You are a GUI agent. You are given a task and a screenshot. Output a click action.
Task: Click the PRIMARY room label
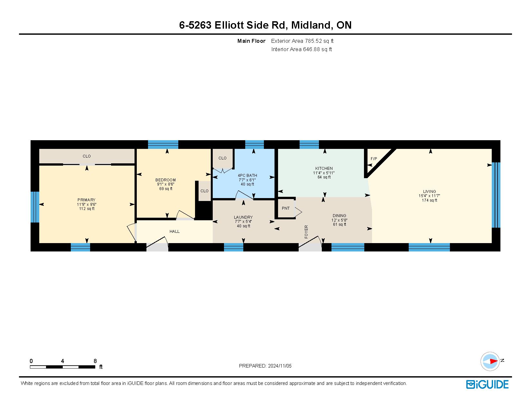coord(86,200)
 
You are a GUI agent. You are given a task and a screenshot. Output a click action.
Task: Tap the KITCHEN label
coord(324,168)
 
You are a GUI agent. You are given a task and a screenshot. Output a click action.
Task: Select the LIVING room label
coord(429,191)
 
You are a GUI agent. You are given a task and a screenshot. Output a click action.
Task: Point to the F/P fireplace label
coord(374,159)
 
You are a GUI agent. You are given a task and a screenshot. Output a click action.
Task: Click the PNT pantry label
coord(285,208)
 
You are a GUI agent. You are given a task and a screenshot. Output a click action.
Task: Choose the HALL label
coord(174,231)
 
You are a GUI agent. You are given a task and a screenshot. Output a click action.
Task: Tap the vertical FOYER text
coord(306,232)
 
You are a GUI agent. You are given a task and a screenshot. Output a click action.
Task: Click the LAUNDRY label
coord(243,217)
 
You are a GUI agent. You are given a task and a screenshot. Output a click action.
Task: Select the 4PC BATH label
coord(247,175)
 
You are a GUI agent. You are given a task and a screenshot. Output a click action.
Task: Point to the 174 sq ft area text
coord(429,200)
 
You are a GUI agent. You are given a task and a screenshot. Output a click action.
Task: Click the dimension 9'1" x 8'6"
coord(165,184)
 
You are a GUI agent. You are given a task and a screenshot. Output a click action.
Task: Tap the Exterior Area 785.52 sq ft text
coord(302,41)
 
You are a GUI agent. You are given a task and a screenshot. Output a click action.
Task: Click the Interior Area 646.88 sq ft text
coord(301,49)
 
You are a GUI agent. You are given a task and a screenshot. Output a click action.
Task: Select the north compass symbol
coord(490,361)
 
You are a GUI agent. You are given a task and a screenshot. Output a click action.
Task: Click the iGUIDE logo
coord(487,384)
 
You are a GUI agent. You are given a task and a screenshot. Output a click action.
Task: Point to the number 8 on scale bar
coord(95,361)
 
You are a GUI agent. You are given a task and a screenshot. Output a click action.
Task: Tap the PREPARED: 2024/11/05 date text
coord(265,366)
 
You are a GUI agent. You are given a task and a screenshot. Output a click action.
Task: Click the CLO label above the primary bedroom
coord(87,156)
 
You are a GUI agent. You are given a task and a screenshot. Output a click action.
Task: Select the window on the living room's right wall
coord(496,195)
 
